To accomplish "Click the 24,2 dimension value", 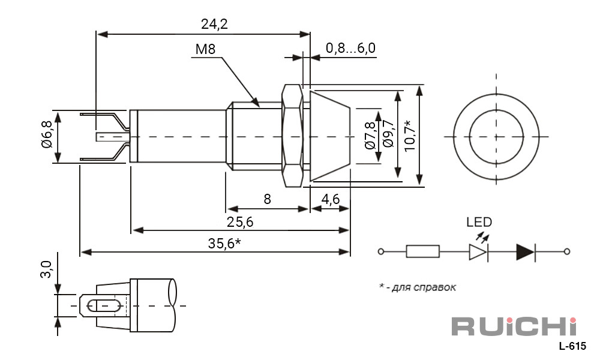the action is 214,25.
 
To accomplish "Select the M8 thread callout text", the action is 205,49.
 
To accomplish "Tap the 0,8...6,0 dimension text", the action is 350,48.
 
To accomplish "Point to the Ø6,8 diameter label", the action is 47,134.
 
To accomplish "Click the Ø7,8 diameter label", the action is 370,136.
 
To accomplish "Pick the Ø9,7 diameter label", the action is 388,134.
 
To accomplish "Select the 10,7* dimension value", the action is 409,135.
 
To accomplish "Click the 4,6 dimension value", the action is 330,199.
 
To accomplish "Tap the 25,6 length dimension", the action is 240,222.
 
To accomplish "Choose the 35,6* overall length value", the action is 224,243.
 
